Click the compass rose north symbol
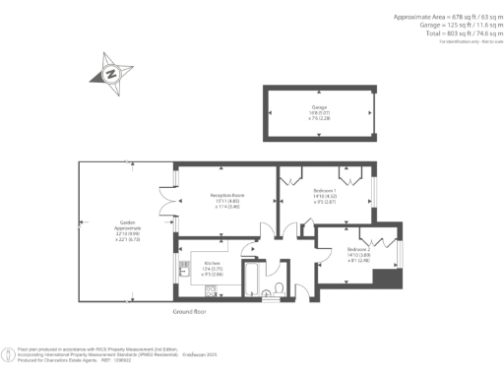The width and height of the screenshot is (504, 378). pos(111,73)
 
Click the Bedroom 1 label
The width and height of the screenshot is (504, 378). pos(325,192)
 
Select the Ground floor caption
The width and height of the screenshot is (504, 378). pos(187,310)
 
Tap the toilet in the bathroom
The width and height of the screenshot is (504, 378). pos(280,288)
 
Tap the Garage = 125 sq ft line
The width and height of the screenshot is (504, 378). pos(457,26)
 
